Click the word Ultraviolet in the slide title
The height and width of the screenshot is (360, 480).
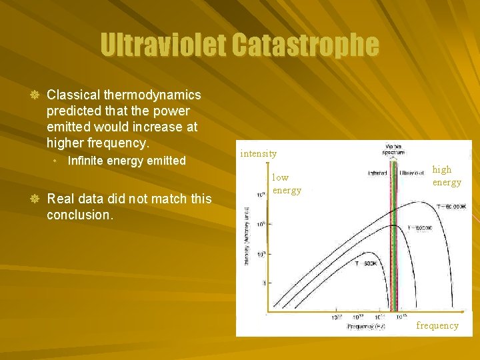(x=163, y=46)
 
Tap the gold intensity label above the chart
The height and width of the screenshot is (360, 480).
(x=259, y=153)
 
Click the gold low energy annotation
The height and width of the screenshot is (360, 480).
(x=287, y=184)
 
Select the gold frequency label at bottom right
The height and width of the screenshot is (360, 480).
(x=437, y=325)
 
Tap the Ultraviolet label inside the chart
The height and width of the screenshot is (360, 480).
(x=413, y=173)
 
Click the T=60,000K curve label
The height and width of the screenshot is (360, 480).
(x=451, y=207)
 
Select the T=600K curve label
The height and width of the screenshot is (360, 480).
(x=366, y=263)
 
